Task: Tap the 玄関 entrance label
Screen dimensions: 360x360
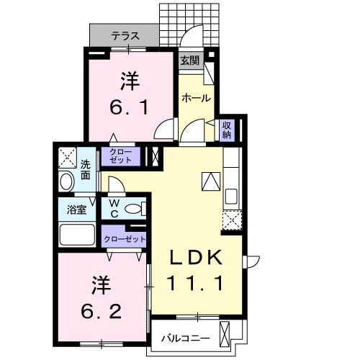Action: (x=189, y=60)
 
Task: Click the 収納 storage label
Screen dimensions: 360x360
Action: (x=226, y=130)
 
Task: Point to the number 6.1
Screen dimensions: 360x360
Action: (x=130, y=108)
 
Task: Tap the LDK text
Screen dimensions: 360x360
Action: (x=197, y=258)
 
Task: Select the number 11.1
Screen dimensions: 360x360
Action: (x=197, y=283)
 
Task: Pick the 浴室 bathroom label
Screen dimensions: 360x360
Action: (x=77, y=210)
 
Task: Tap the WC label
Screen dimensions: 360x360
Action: (x=114, y=209)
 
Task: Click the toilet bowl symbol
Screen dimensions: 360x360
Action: (x=133, y=210)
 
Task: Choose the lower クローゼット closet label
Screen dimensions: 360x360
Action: (x=124, y=238)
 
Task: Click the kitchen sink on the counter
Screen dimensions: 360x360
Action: (x=232, y=196)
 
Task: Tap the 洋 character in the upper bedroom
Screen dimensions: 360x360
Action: (x=130, y=81)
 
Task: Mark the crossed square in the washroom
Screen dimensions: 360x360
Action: (x=67, y=156)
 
